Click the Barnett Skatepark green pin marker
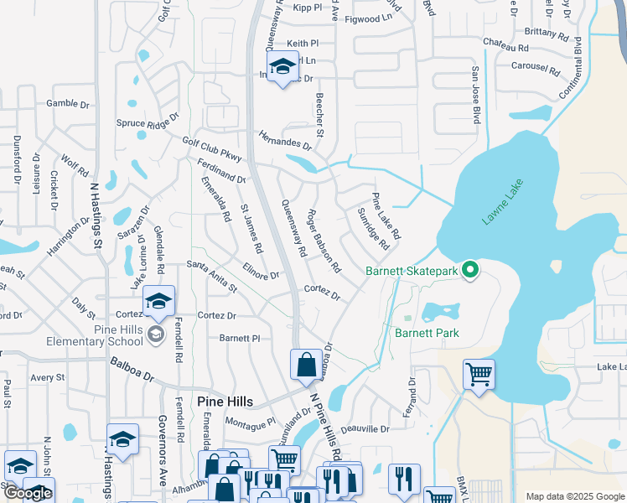pyautogui.click(x=470, y=270)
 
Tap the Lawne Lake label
pyautogui.click(x=502, y=201)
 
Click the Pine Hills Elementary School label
pyautogui.click(x=118, y=335)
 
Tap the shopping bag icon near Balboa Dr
pyautogui.click(x=306, y=365)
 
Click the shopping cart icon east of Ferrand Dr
pyautogui.click(x=479, y=374)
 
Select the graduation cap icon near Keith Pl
pyautogui.click(x=282, y=67)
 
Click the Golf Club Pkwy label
pyautogui.click(x=212, y=148)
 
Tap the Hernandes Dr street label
pyautogui.click(x=284, y=140)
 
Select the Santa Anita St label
pyautogui.click(x=211, y=276)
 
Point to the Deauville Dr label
pyautogui.click(x=365, y=428)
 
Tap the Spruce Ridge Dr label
pyautogui.click(x=148, y=122)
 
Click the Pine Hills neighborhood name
pyautogui.click(x=225, y=402)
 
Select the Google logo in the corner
pyautogui.click(x=28, y=493)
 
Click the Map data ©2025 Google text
pyautogui.click(x=574, y=496)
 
